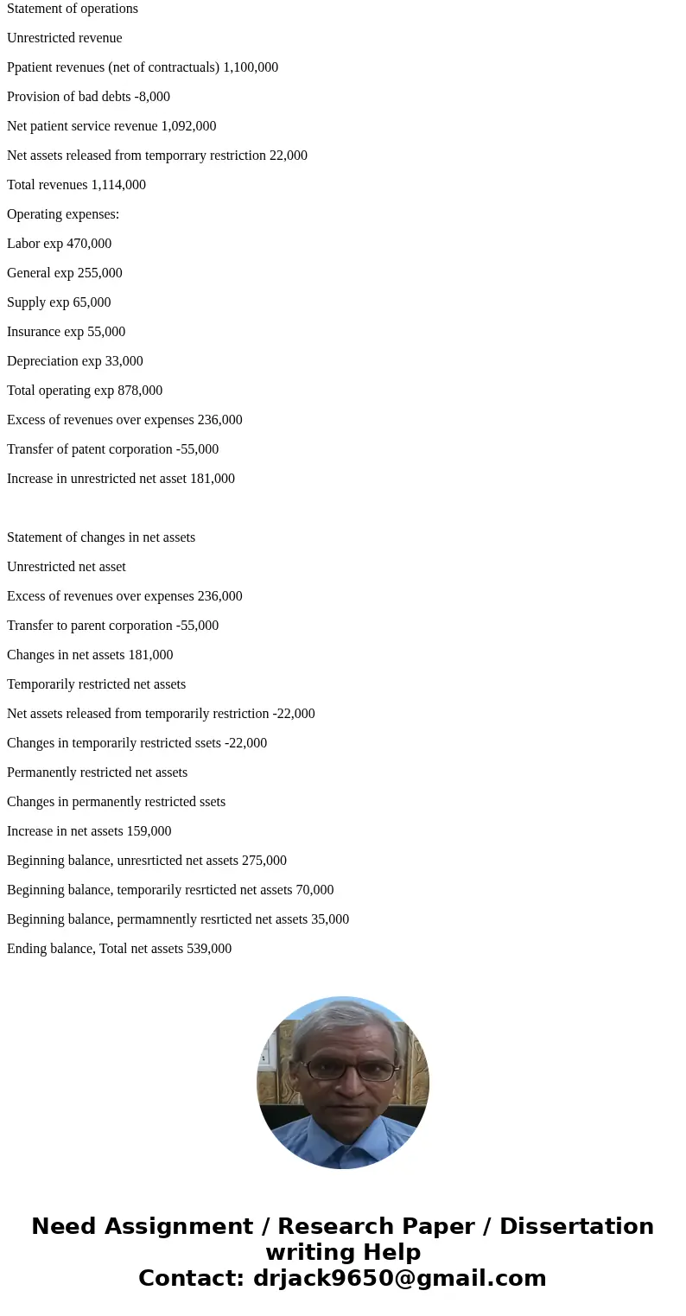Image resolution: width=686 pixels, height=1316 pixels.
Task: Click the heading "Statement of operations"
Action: click(73, 9)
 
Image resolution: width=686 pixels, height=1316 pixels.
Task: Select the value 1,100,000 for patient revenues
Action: click(251, 67)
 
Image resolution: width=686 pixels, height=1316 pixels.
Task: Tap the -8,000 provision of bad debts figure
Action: click(152, 97)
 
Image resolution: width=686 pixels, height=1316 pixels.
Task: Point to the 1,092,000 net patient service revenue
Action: click(188, 126)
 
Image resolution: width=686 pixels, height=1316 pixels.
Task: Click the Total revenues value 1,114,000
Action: click(118, 185)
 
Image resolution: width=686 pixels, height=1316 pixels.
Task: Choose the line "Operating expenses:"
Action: click(63, 214)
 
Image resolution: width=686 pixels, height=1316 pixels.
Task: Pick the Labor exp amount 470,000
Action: click(89, 244)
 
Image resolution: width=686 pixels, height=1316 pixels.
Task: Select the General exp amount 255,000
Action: click(100, 273)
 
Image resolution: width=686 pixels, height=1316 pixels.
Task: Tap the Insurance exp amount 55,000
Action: click(106, 332)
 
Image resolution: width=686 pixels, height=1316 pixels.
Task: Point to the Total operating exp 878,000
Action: click(140, 391)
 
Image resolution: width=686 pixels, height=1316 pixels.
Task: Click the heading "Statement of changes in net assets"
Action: click(101, 537)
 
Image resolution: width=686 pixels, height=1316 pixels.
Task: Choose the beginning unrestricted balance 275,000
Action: click(264, 861)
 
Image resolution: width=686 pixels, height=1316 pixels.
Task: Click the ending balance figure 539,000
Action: click(209, 949)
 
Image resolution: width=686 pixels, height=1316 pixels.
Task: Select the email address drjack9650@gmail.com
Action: click(399, 1278)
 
